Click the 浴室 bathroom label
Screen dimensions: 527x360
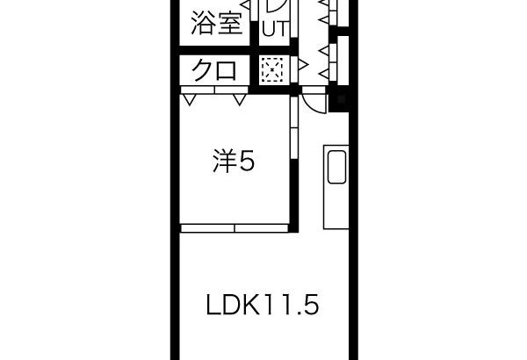coord(217,23)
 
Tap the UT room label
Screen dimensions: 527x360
coord(276,29)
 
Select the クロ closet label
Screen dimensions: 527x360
coord(213,70)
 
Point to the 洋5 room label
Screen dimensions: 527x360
coord(234,161)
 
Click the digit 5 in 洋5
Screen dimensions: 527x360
coord(247,161)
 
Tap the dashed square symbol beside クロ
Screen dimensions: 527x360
coord(272,69)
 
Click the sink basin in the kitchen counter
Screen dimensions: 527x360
coord(336,167)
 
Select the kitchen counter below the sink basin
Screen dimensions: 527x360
coord(336,206)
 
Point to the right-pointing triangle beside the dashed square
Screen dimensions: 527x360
coord(304,64)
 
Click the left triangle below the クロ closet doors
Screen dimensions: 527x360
coord(189,100)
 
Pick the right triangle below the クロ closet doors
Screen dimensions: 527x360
coord(240,100)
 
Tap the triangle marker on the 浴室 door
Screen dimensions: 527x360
coord(246,4)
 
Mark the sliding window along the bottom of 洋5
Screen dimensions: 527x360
coord(235,228)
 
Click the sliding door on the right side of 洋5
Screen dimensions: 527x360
coord(294,128)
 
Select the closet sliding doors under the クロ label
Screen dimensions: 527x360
coord(214,90)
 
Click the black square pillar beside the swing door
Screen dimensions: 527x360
coord(339,99)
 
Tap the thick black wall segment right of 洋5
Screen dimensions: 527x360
coord(294,196)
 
